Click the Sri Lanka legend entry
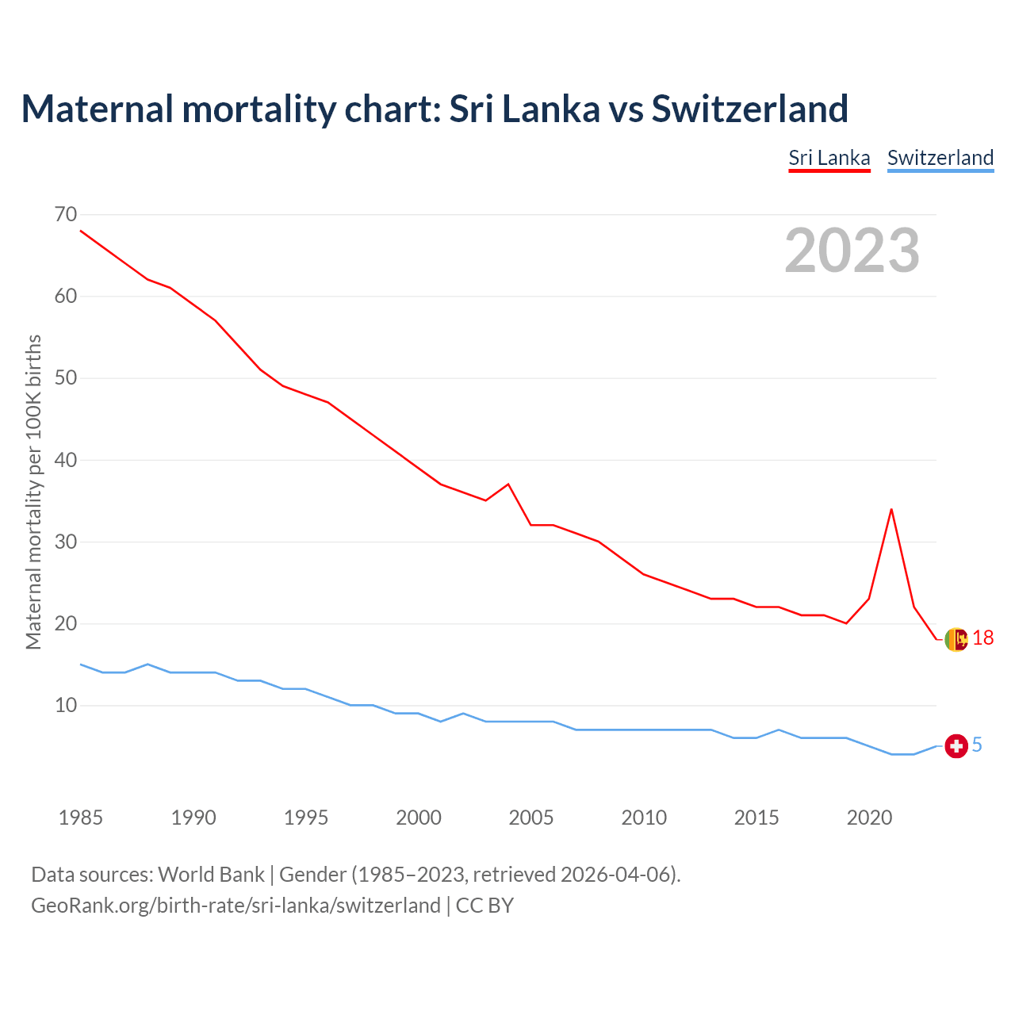pos(829,158)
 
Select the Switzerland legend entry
pos(940,158)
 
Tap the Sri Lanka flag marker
pos(956,639)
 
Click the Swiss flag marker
pos(956,746)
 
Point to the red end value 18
pos(983,638)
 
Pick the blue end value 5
pos(977,745)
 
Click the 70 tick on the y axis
pos(66,214)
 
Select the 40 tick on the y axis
pos(66,460)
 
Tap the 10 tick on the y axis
pos(66,705)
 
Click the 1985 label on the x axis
pos(80,818)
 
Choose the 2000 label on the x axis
pos(419,818)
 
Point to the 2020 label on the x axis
pos(869,818)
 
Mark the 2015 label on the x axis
pos(756,818)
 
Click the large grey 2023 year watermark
pos(852,251)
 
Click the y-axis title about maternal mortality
pos(33,492)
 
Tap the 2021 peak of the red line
pos(891,509)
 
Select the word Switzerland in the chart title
pos(750,109)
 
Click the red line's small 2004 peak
pos(508,484)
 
